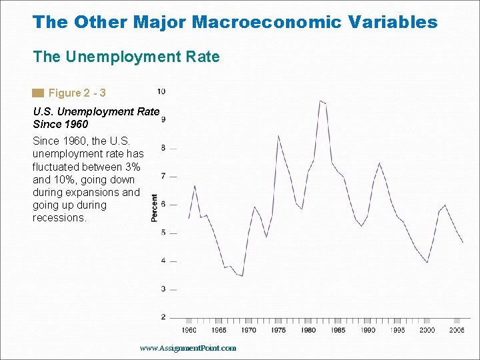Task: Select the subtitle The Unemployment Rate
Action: (126, 57)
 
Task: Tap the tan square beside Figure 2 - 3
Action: (38, 93)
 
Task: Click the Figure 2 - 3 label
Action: (77, 93)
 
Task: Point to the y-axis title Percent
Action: (155, 208)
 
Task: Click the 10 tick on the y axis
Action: (162, 91)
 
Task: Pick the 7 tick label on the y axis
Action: (164, 176)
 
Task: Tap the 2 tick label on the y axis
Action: (164, 317)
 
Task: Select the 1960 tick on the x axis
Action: (189, 330)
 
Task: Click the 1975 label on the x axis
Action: (279, 330)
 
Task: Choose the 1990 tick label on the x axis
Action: (367, 330)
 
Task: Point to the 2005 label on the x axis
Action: (457, 330)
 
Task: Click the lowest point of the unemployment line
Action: (242, 275)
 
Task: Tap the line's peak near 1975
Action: (278, 136)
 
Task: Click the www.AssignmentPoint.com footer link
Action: (188, 348)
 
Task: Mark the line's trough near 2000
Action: (427, 262)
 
